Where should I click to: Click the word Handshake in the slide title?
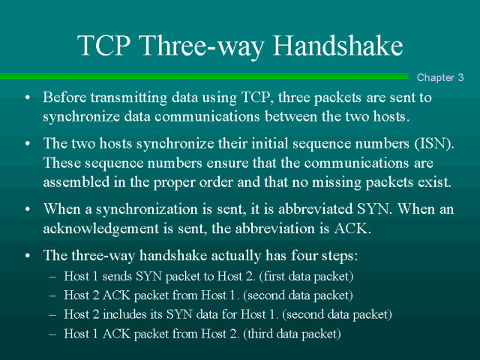click(x=337, y=45)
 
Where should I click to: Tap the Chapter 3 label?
click(x=440, y=77)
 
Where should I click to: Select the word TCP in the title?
click(x=104, y=45)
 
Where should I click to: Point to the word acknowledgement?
click(x=100, y=228)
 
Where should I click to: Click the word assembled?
click(x=76, y=181)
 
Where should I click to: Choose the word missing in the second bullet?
click(x=337, y=182)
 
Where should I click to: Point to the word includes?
click(x=124, y=314)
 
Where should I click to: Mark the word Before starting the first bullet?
click(x=64, y=97)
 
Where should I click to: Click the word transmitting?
click(x=129, y=98)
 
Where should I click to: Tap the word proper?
click(x=174, y=183)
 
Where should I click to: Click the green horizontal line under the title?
click(x=204, y=76)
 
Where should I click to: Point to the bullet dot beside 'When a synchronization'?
click(x=28, y=209)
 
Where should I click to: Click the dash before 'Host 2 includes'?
click(x=52, y=315)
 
